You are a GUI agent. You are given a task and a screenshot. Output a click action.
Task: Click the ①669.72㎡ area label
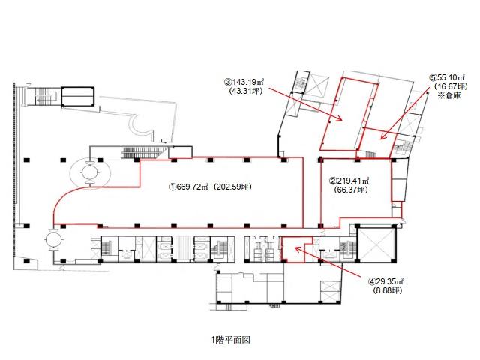(x=190, y=187)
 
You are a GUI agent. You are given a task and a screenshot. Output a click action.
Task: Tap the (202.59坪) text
(x=233, y=187)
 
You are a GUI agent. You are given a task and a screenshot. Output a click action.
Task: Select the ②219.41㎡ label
(x=349, y=181)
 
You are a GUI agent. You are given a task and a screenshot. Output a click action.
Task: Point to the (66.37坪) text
(x=351, y=190)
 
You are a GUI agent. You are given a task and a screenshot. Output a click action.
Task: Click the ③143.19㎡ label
(x=244, y=82)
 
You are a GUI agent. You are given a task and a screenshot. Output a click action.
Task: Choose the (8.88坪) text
(x=388, y=290)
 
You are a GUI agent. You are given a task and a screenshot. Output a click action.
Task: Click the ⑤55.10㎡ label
(x=448, y=77)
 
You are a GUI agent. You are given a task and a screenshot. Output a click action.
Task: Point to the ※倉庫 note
(x=449, y=95)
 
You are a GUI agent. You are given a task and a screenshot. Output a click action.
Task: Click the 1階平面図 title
(x=230, y=340)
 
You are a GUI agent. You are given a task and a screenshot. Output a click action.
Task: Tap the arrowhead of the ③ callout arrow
(x=339, y=118)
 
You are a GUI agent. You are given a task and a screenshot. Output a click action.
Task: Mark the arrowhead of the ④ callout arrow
(x=298, y=248)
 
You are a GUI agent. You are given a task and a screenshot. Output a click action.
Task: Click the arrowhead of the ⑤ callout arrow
(x=382, y=136)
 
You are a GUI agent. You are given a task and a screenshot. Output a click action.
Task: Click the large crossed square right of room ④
(x=376, y=244)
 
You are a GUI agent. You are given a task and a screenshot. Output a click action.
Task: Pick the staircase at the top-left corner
(x=46, y=96)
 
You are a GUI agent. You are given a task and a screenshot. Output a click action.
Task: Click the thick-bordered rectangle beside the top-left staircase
(x=78, y=97)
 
